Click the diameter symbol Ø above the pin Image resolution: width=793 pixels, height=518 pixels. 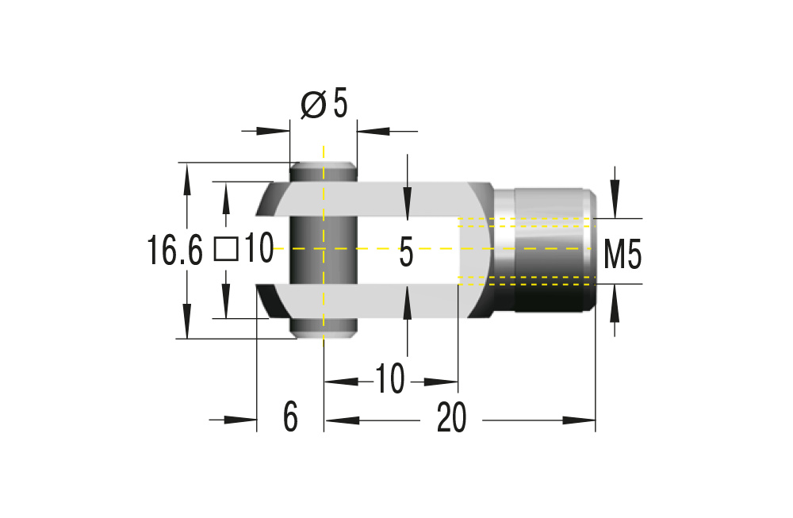314,104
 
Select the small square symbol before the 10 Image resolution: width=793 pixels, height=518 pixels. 227,250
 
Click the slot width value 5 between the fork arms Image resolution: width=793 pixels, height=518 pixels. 406,254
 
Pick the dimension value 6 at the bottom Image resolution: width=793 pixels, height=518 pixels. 290,417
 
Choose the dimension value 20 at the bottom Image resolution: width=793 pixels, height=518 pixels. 451,417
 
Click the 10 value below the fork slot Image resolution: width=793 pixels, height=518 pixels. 389,380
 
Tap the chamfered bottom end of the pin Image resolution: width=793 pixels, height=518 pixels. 324,333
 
